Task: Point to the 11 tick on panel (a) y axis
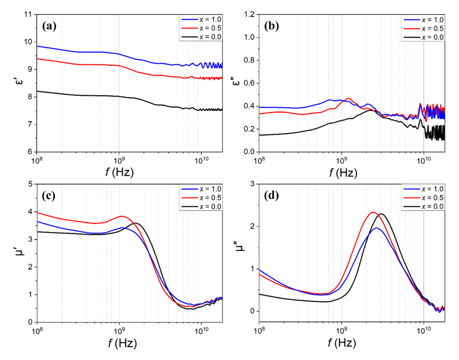pyautogui.click(x=28, y=15)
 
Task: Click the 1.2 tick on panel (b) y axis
pyautogui.click(x=249, y=15)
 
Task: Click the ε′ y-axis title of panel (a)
pyautogui.click(x=17, y=83)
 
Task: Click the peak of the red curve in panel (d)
pyautogui.click(x=373, y=212)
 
